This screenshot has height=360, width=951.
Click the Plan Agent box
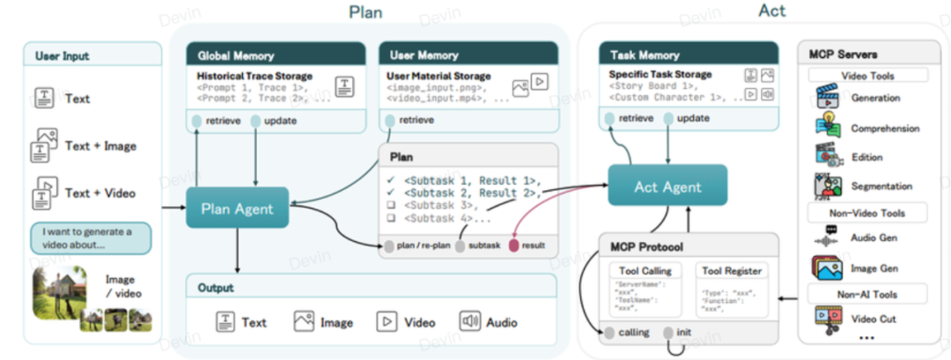tap(237, 209)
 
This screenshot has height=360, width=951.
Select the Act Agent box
tap(667, 186)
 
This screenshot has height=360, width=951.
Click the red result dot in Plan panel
tap(515, 246)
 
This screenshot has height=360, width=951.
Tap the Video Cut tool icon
tap(827, 319)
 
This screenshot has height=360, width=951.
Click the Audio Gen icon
tap(827, 237)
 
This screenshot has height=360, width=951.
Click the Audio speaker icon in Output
tap(469, 322)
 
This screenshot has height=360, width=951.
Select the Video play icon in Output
tap(387, 322)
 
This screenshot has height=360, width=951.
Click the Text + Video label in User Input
tap(101, 193)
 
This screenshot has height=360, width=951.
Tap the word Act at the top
tap(772, 11)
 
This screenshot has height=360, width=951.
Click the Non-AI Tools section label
tap(862, 293)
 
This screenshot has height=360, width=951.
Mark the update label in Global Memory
tap(281, 121)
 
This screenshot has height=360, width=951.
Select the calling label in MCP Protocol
tap(631, 332)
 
